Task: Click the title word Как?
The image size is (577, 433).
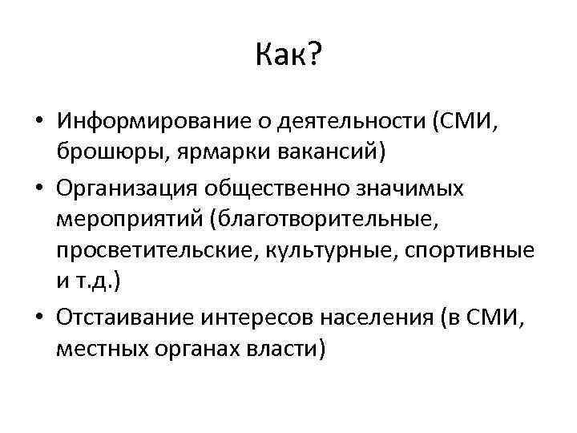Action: (x=288, y=55)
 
